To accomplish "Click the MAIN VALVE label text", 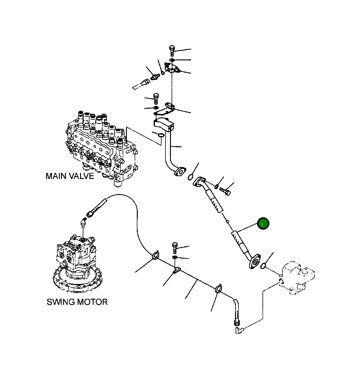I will (70, 176).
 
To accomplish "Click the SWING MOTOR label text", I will (77, 302).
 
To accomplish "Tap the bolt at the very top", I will (172, 50).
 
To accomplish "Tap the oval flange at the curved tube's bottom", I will (179, 172).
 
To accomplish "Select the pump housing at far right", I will (297, 278).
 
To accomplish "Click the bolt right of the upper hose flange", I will (225, 191).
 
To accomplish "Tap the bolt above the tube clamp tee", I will (175, 247).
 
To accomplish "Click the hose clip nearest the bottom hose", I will (218, 289).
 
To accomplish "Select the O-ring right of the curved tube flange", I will (191, 177).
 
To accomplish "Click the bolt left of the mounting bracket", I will (156, 98).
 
